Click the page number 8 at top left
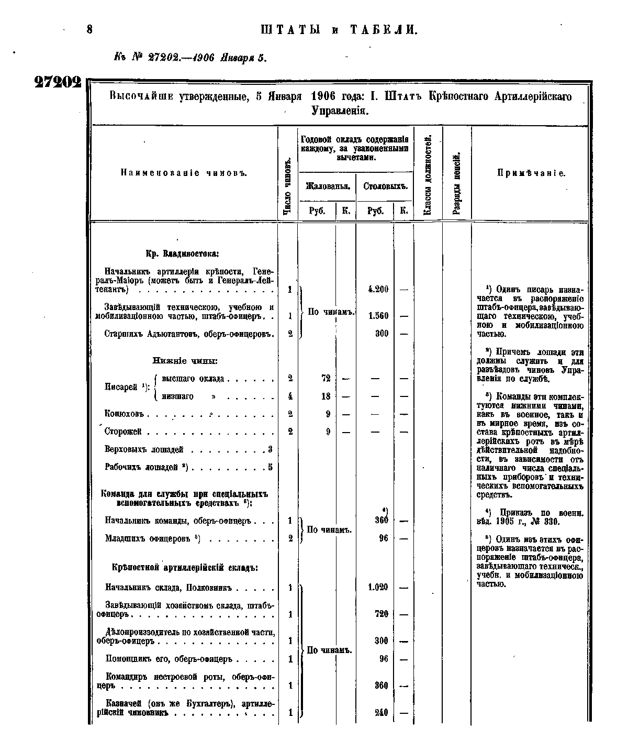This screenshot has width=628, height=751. tap(89, 30)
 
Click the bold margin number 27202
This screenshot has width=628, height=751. tap(58, 83)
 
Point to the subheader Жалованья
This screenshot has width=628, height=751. tap(327, 186)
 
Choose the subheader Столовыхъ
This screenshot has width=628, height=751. tap(385, 186)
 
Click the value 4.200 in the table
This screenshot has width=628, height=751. tap(378, 289)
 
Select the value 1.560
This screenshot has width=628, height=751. tap(378, 316)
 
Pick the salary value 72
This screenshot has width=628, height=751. tap(326, 379)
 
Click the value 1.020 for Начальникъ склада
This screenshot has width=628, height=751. tap(377, 588)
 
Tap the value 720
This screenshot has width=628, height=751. tap(381, 614)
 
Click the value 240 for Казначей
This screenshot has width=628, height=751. tap(381, 712)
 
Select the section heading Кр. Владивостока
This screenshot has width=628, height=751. tap(182, 254)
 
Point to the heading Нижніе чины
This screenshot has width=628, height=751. tap(185, 361)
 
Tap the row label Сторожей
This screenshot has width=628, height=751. tap(123, 432)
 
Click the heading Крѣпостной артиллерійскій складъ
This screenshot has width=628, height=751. tap(185, 568)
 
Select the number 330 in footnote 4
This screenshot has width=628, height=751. tap(552, 522)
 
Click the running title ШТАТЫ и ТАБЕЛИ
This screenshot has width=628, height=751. tap(339, 30)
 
